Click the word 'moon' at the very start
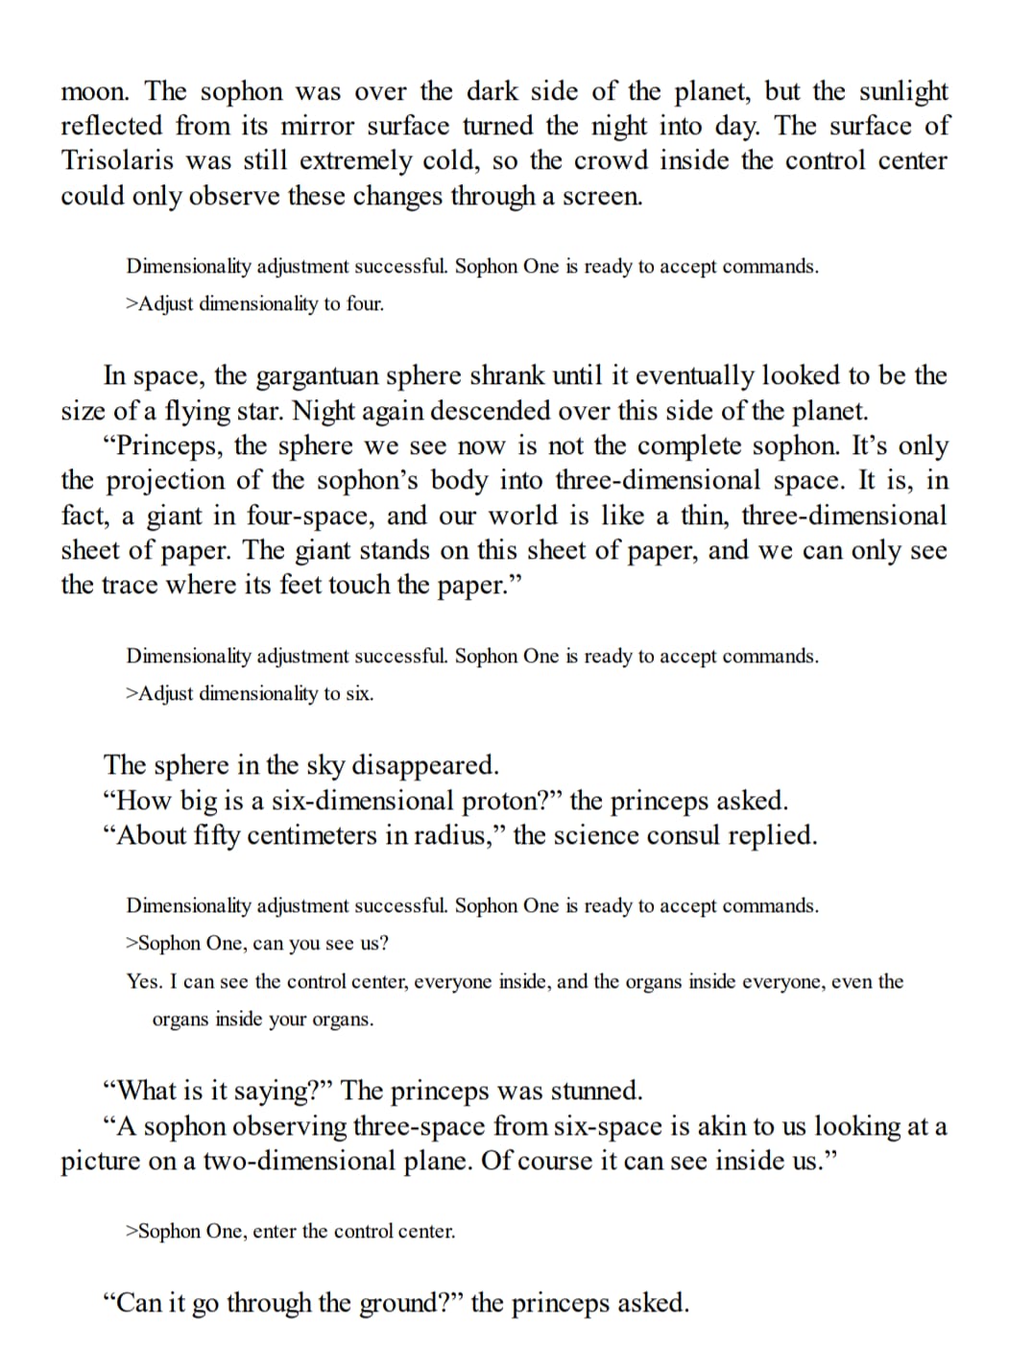[93, 92]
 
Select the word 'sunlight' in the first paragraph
[902, 91]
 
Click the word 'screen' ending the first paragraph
[601, 196]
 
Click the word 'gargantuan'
[319, 375]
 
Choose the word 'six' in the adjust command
[358, 693]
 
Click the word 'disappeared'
[426, 765]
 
